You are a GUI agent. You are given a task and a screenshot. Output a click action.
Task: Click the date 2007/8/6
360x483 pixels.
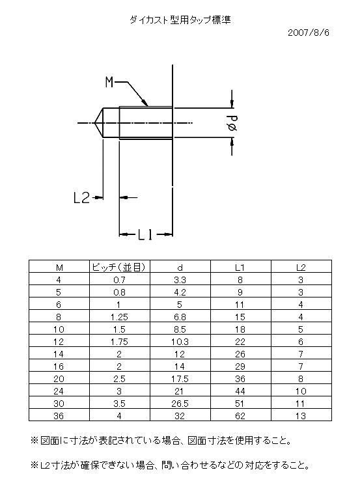(x=309, y=33)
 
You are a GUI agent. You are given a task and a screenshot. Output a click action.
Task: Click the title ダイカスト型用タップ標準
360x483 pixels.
(x=180, y=20)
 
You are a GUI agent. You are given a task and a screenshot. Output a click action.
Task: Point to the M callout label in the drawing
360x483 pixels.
(x=109, y=82)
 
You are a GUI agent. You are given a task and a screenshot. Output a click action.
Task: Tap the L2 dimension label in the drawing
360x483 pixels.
(x=81, y=197)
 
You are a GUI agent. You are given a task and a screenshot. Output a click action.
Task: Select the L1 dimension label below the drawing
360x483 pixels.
(x=145, y=235)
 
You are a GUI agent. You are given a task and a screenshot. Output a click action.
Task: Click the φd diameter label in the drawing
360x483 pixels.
(x=232, y=123)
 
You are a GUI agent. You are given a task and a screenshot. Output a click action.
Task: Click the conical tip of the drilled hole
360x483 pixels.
(x=94, y=123)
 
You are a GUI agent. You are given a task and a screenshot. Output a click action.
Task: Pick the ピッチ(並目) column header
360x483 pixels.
(x=118, y=267)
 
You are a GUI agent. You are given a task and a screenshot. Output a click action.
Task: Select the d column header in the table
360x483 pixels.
(x=180, y=268)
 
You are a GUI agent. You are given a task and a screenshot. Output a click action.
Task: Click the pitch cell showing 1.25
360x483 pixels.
(x=119, y=317)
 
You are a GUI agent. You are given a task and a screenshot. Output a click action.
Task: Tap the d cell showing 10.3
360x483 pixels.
(x=180, y=342)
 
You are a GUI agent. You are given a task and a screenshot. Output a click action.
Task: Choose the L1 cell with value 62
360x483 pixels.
(x=240, y=416)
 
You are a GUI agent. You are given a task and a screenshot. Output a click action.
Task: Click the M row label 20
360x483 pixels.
(x=59, y=379)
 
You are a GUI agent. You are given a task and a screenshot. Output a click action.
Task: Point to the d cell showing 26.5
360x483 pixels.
(x=180, y=404)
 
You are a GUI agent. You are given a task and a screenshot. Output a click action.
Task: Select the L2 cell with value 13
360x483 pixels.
(x=301, y=416)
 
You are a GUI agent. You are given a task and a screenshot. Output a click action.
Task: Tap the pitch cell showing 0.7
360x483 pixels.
(x=119, y=280)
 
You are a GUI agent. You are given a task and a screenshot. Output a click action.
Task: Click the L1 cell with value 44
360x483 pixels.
(x=240, y=391)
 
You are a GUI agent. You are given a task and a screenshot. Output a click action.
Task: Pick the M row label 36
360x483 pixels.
(x=59, y=416)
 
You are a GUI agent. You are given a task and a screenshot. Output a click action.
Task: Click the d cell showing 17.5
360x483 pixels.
(x=180, y=379)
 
